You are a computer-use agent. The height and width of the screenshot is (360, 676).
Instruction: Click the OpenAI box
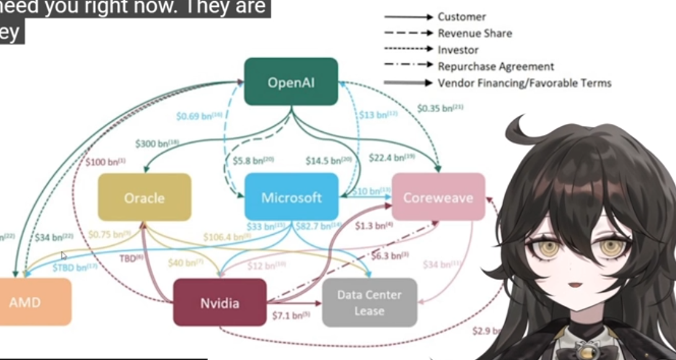pyautogui.click(x=291, y=82)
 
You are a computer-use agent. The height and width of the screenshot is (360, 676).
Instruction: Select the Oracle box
pyautogui.click(x=144, y=198)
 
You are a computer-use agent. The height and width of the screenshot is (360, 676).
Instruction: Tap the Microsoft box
pyautogui.click(x=291, y=198)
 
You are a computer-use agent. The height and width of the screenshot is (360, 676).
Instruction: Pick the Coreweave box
pyautogui.click(x=438, y=198)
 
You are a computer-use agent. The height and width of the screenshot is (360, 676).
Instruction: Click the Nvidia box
pyautogui.click(x=220, y=303)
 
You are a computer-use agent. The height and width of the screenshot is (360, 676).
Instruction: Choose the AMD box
pyautogui.click(x=28, y=302)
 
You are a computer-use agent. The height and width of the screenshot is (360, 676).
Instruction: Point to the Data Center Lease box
pyautogui.click(x=369, y=302)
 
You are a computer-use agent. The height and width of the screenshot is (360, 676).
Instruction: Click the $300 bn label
pyautogui.click(x=157, y=143)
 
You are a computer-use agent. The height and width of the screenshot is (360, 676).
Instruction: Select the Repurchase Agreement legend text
pyautogui.click(x=496, y=66)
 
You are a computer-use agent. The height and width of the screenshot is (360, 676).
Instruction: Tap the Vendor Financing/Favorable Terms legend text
pyautogui.click(x=524, y=82)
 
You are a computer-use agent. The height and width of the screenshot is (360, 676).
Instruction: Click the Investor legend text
pyautogui.click(x=458, y=50)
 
